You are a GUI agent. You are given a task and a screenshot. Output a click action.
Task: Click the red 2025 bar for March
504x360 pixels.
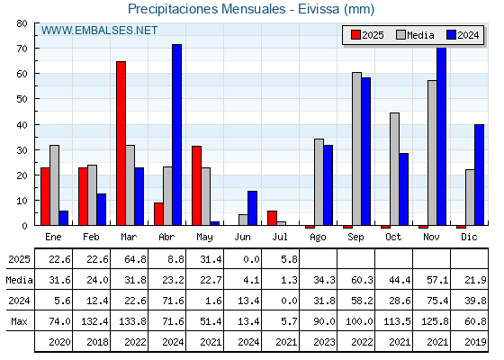coord(121,143)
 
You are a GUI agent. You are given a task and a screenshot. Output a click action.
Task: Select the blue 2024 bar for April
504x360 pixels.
coord(176,135)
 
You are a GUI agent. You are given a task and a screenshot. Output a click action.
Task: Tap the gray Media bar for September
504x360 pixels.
coord(356,148)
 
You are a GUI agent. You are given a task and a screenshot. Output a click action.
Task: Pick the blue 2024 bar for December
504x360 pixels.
coord(479,175)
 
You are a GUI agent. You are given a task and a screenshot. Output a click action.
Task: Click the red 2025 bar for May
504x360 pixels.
coord(197,185)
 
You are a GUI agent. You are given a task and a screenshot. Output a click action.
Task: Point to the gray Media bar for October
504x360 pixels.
coord(395,169)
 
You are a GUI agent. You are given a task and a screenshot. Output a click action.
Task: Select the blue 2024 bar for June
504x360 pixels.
coord(252,208)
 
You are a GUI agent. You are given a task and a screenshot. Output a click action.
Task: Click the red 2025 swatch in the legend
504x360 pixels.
coord(355,35)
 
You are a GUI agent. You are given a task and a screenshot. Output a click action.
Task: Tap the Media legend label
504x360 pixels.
coord(420,35)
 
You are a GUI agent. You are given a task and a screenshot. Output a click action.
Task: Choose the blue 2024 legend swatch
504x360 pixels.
coord(451,35)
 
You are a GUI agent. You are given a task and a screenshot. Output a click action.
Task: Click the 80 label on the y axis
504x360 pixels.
coord(22,23)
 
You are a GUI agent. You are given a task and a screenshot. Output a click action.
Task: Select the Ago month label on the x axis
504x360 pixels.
coord(318,238)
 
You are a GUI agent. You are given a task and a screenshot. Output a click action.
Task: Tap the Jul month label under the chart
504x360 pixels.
coord(280,237)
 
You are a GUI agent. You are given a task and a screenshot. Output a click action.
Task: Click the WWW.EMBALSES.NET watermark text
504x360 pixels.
coord(99,31)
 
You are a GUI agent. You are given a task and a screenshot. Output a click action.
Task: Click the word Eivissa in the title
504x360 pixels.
coord(319,9)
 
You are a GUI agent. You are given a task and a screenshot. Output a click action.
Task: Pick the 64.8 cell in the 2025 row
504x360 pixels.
coord(135,259)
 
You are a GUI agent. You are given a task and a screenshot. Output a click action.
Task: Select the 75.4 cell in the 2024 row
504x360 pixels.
coord(437,301)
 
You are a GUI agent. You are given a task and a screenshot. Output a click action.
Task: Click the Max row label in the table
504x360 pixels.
coord(19,321)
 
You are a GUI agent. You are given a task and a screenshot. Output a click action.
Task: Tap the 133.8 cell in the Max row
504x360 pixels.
coord(133,321)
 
